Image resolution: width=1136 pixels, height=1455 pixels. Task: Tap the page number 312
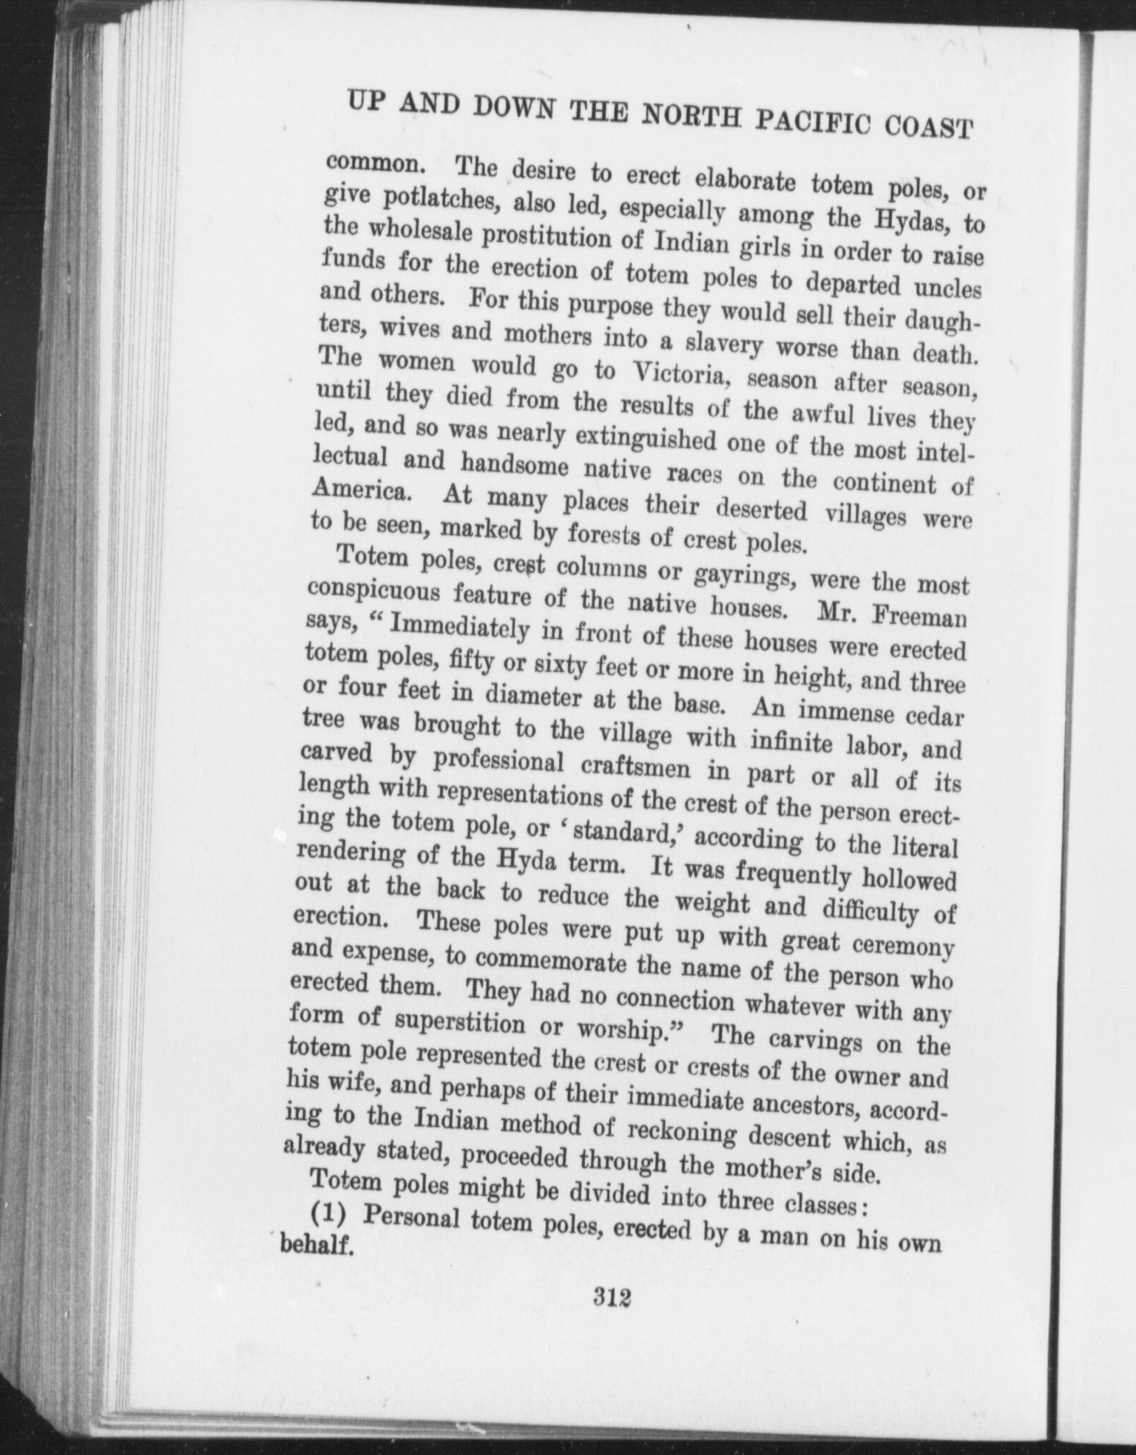tap(610, 1298)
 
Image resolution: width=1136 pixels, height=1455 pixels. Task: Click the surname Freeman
tap(918, 617)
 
